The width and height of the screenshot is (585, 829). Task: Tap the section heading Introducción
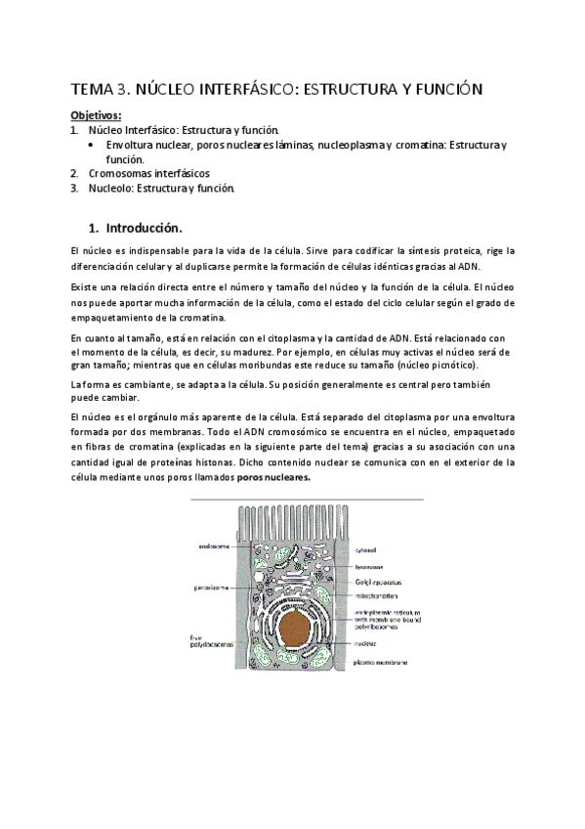click(142, 228)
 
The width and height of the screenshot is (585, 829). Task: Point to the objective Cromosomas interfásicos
click(142, 173)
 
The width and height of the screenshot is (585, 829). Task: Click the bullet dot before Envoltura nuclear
click(91, 145)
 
